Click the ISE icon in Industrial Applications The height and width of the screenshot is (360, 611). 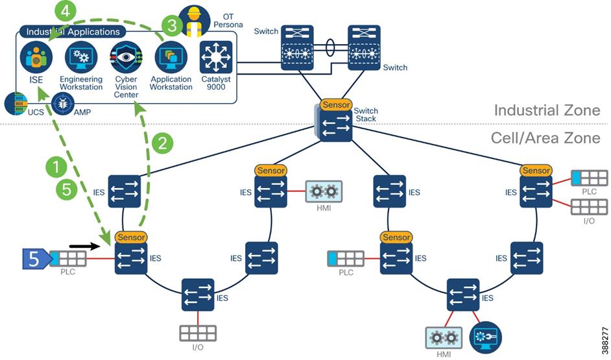click(x=36, y=57)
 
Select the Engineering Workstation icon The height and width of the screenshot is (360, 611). click(x=81, y=57)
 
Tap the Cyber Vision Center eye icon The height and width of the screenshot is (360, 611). click(x=126, y=57)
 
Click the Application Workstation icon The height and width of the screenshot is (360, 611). click(x=171, y=57)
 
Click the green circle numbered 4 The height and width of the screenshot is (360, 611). click(x=67, y=11)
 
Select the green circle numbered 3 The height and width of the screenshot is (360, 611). click(x=171, y=25)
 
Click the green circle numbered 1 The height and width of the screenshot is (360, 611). click(x=56, y=167)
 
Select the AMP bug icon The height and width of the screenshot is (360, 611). click(x=64, y=102)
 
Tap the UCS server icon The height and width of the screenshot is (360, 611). click(x=17, y=102)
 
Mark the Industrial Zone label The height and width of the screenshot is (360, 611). click(x=547, y=110)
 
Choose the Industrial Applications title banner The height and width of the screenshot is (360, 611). click(x=73, y=31)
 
